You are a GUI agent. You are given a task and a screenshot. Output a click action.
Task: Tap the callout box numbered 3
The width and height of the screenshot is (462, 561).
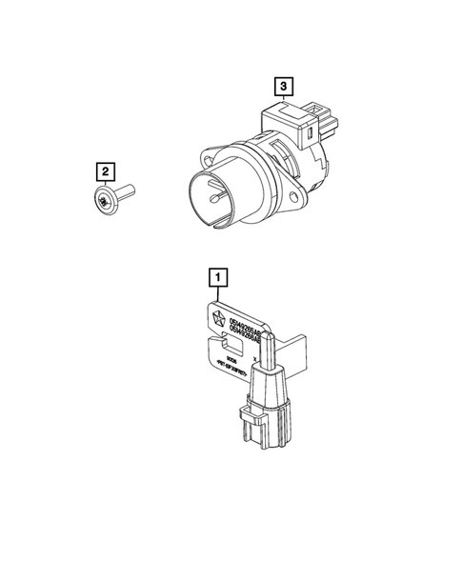(284, 87)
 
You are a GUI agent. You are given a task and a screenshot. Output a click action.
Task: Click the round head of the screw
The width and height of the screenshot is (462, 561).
(105, 203)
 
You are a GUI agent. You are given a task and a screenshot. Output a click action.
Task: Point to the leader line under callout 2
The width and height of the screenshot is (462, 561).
(105, 187)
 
